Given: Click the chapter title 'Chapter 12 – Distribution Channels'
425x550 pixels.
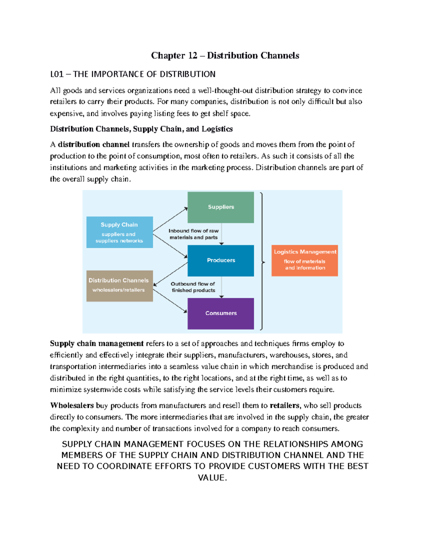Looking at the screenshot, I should coord(225,56).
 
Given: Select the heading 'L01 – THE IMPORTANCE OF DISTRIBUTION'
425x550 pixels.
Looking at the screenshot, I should coord(133,74).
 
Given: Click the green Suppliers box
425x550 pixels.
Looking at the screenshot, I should coord(221,207).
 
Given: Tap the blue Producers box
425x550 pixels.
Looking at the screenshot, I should coord(221,260).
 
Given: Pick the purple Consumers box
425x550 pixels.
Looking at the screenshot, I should coord(221,313).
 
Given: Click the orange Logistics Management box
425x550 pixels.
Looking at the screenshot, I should coord(305,260).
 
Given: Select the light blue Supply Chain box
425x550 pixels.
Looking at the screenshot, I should coord(119,232).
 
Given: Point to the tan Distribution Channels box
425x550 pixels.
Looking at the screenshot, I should coord(119,286).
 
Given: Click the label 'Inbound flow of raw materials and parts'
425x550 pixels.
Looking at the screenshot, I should coord(193,234).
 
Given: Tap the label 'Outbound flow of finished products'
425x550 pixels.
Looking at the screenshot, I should coord(193,287).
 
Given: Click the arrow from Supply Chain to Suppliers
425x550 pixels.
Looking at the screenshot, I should coord(170,220).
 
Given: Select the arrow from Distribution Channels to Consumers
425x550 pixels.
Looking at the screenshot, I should coord(170,301).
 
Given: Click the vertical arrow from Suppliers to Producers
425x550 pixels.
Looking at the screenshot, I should coord(222,234).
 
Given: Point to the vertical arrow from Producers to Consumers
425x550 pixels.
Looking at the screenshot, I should coord(222,287).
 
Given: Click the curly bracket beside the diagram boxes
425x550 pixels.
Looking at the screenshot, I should coord(262,261).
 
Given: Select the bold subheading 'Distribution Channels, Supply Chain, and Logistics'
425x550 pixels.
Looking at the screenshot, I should coord(141,129).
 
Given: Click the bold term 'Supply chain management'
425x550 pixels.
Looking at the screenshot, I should coord(97,344).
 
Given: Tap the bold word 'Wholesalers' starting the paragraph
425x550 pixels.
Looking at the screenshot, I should coord(72,406).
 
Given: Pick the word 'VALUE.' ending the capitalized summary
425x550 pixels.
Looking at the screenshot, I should coord(212,478).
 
